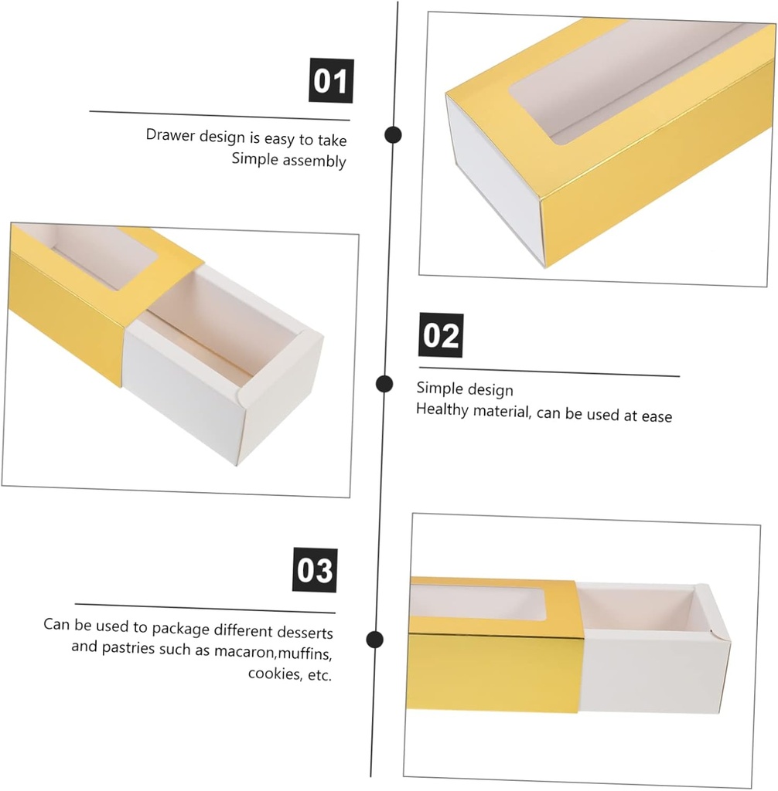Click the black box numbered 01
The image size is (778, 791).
tap(331, 80)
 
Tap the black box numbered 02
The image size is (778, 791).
tap(441, 335)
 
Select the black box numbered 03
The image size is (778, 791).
tap(315, 570)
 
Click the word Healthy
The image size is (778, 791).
tap(442, 409)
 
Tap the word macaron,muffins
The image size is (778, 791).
tap(273, 652)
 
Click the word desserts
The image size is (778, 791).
tap(305, 632)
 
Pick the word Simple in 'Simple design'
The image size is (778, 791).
tap(436, 389)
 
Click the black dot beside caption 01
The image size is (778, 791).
tap(393, 134)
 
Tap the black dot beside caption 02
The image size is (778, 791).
tap(384, 384)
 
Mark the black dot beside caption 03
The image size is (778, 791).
tap(374, 640)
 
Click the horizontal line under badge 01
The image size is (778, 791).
tap(220, 116)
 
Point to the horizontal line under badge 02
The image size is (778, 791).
tap(549, 372)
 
